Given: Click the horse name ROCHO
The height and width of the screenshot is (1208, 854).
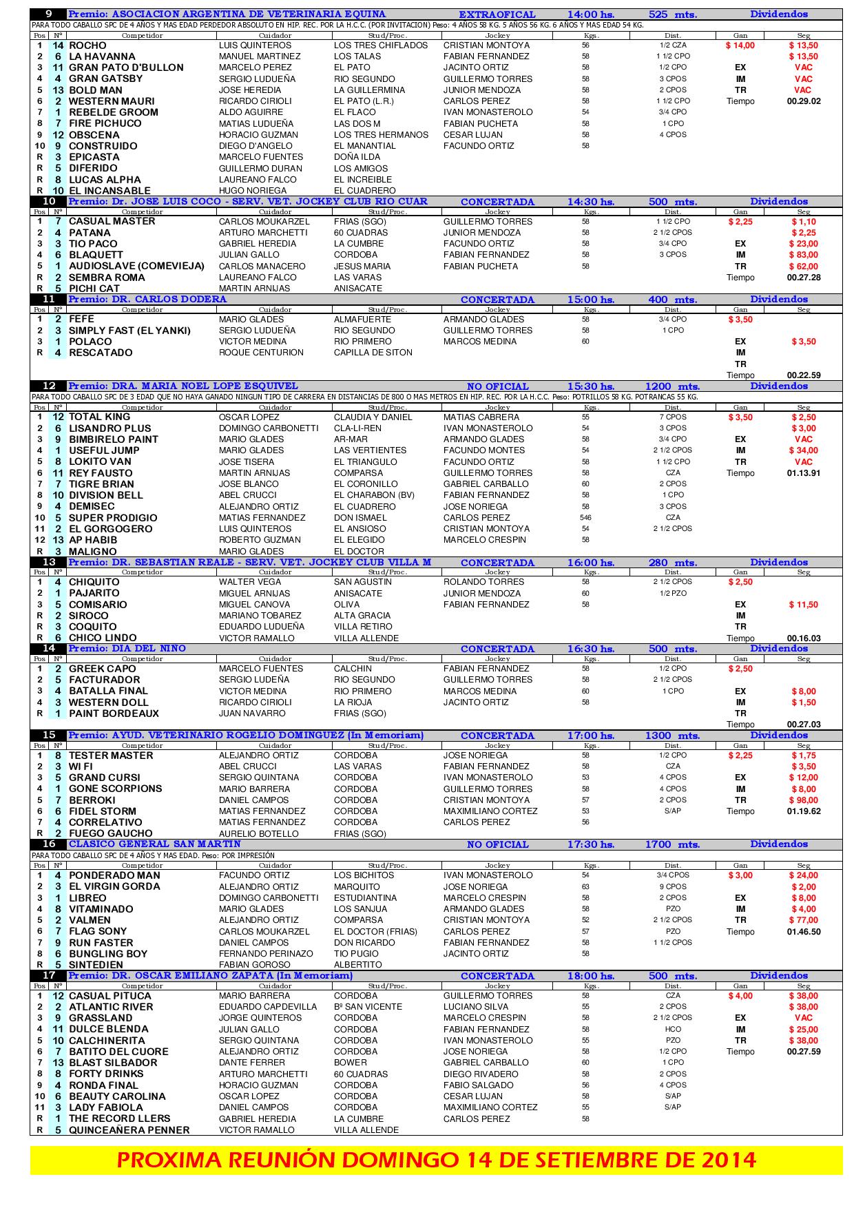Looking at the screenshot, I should point(87,45).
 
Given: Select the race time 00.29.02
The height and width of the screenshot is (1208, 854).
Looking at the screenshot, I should point(803,101).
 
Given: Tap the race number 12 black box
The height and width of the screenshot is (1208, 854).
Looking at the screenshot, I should point(49,386).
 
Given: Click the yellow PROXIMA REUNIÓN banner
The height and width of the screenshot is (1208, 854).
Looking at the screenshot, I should point(436,1160).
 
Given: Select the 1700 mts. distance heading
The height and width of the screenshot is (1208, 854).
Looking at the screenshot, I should point(671,844).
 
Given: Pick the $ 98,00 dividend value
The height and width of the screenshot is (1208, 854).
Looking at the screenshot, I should point(804,800).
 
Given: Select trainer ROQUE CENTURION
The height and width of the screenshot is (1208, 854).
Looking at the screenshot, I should point(261,353).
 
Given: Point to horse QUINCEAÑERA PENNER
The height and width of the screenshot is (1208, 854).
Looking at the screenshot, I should point(129,1130).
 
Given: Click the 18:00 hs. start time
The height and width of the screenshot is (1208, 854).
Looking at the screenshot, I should point(590,976).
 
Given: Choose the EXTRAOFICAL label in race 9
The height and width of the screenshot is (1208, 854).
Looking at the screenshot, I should point(497,14).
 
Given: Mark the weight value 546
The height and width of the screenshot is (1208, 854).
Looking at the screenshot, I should point(585,518).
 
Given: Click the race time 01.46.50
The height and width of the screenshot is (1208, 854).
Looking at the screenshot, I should point(803,932).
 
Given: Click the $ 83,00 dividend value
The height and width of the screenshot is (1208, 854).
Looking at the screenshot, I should point(804,255).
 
